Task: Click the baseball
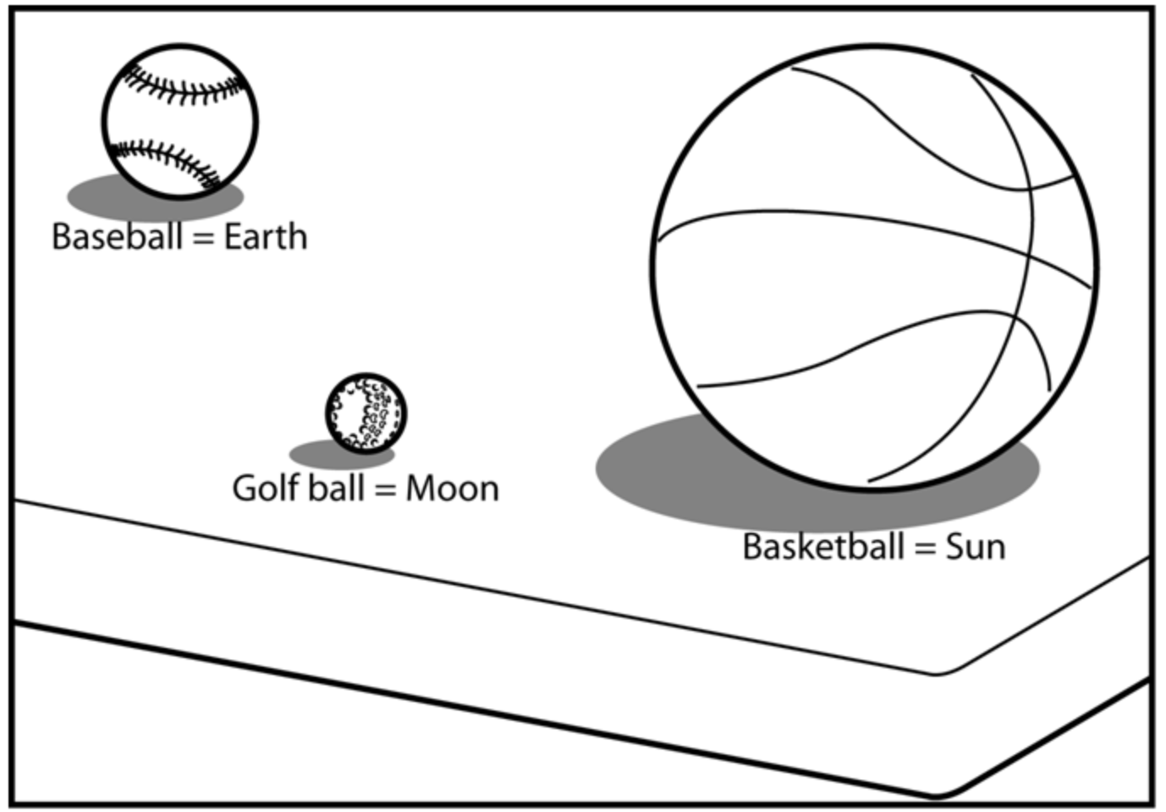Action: (179, 122)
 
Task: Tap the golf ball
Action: (366, 413)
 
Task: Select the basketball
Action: (874, 267)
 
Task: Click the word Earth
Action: (265, 237)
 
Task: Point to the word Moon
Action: (452, 489)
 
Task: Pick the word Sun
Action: (975, 547)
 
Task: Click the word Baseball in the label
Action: (117, 237)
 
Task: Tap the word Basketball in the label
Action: (823, 547)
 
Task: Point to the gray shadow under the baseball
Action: (89, 197)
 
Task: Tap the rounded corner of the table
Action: (938, 672)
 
